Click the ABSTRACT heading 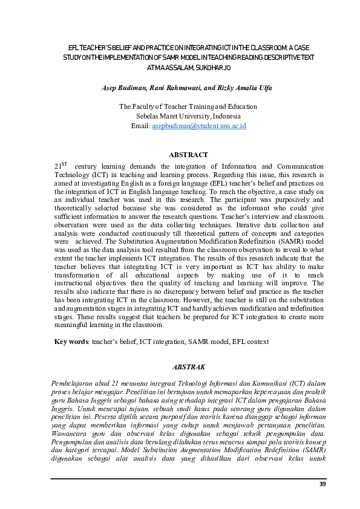pos(188,155)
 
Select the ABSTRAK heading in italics pos(189,367)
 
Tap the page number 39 pos(322,485)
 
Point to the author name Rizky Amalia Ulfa pos(246,88)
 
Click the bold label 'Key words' pos(71,342)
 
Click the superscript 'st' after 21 pos(64,163)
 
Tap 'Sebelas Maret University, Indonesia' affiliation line pos(188,116)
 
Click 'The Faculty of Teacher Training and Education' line pos(188,106)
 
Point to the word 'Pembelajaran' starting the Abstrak pos(74,383)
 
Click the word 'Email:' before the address pos(140,126)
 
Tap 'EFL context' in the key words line pos(249,342)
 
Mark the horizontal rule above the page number pos(188,478)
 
